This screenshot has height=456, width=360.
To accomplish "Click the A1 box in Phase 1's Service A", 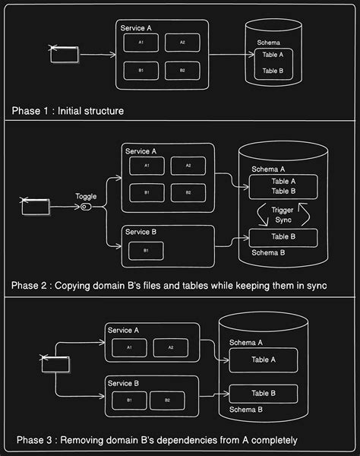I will (141, 43).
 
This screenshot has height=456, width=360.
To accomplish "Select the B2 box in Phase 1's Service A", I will (182, 71).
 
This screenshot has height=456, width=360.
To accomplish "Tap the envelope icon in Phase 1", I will (65, 54).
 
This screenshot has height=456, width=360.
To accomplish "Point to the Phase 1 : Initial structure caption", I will (68, 111).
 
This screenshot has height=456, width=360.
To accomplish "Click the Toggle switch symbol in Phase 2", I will (86, 207).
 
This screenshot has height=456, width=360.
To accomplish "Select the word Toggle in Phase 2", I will (86, 196).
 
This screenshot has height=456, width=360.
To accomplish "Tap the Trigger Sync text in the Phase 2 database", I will (273, 214).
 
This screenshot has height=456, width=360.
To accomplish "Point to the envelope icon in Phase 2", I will (35, 206).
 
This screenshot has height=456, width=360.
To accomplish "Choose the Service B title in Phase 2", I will (138, 232).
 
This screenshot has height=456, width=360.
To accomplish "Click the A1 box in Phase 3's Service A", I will (129, 347).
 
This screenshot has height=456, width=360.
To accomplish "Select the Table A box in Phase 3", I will (262, 359).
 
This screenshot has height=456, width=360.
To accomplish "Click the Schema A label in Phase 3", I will (246, 343).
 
